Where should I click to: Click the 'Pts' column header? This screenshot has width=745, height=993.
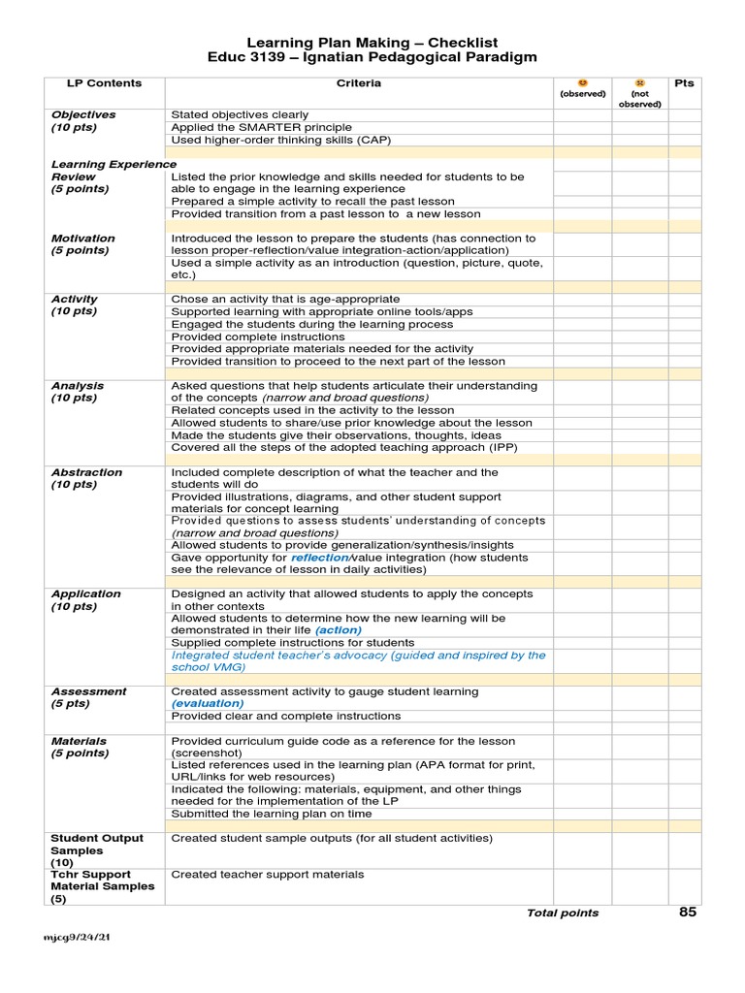tap(684, 83)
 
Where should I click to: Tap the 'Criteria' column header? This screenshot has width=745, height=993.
tap(359, 83)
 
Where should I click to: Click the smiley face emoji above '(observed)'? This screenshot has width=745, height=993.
tap(582, 83)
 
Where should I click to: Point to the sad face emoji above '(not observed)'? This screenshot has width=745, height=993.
tap(640, 83)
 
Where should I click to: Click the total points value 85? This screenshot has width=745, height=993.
tap(687, 912)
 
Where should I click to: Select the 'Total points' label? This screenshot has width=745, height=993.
tap(563, 913)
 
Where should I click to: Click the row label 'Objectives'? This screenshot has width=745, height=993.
tap(83, 114)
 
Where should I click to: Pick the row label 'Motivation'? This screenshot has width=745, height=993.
tap(83, 238)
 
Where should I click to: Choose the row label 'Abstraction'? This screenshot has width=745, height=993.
tap(87, 472)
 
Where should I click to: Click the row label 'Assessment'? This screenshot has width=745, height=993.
tap(88, 691)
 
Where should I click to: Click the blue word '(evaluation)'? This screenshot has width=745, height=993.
tap(208, 703)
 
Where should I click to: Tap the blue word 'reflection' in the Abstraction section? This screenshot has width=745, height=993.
tap(320, 558)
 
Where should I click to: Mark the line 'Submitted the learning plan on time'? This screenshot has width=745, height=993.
tap(272, 814)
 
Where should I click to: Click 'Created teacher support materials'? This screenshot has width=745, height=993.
tap(268, 874)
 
